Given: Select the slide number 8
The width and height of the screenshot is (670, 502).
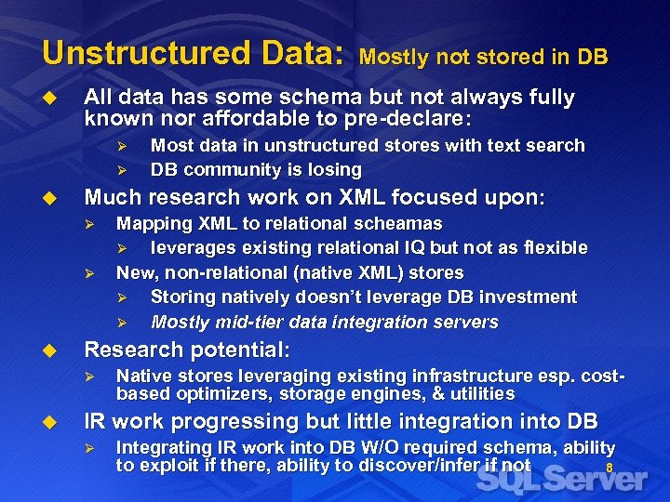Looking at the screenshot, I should (x=610, y=469).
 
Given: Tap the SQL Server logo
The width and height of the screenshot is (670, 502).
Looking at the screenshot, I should (x=562, y=478).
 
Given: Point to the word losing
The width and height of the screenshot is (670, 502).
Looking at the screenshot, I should (x=334, y=170).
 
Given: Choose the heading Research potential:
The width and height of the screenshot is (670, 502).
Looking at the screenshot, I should (x=187, y=350).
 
